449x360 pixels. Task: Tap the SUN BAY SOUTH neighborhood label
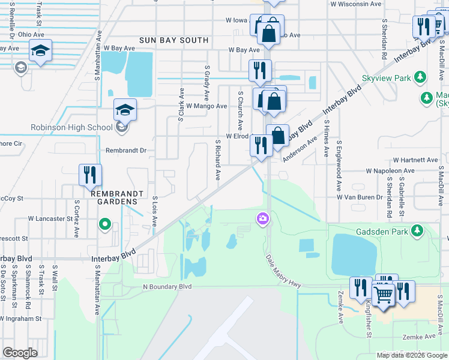click(x=173, y=40)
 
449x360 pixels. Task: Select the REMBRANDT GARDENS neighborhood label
click(x=116, y=194)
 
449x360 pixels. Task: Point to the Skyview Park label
click(x=386, y=79)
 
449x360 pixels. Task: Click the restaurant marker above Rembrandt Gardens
click(x=90, y=175)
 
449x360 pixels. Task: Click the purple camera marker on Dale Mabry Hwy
click(x=262, y=218)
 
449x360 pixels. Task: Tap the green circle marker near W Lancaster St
click(x=104, y=226)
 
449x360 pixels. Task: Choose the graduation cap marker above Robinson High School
click(x=125, y=109)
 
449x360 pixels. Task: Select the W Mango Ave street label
click(x=206, y=106)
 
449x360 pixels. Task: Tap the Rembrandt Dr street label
click(x=126, y=151)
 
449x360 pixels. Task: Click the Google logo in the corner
click(x=20, y=353)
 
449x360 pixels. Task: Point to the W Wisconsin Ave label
click(x=355, y=4)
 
